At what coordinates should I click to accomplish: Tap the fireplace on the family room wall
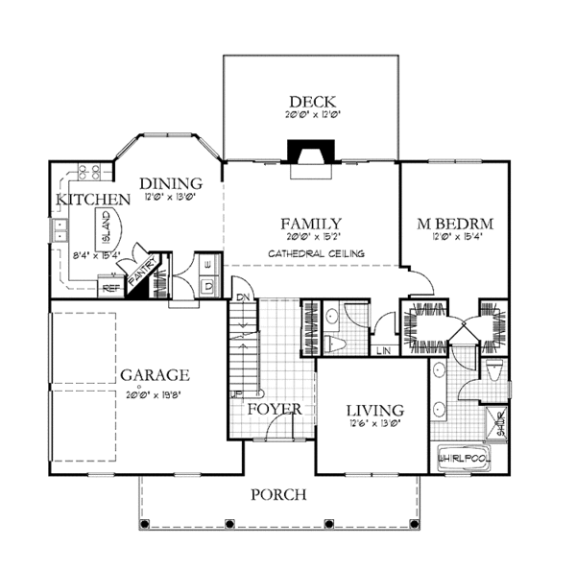(x=311, y=155)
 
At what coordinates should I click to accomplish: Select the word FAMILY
(x=312, y=224)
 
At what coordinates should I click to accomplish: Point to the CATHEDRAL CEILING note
(x=310, y=253)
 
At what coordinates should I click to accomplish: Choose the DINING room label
(x=170, y=183)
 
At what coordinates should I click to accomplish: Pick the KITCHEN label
(x=92, y=200)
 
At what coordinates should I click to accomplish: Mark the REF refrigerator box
(x=110, y=287)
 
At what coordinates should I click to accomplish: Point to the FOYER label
(x=276, y=410)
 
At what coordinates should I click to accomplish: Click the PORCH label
(x=278, y=495)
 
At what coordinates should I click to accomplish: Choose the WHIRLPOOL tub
(x=464, y=457)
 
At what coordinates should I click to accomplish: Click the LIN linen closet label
(x=383, y=350)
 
